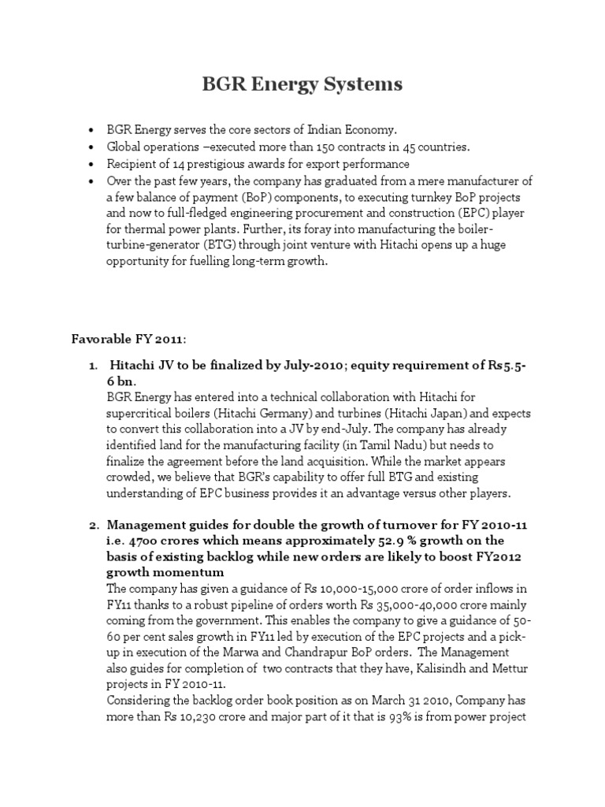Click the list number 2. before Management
[91, 526]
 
